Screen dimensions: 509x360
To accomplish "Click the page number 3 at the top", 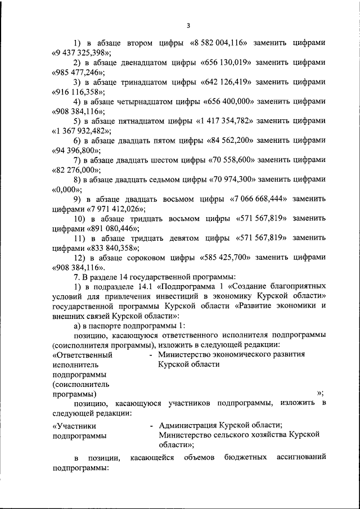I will point(188,25).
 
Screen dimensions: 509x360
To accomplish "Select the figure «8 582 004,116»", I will point(222,43).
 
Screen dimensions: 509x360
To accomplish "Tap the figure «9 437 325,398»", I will point(79,53).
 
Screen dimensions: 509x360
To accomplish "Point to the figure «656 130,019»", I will point(229,62).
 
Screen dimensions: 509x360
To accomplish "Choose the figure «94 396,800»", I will point(77,150).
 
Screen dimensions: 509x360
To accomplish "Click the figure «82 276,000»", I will point(77,170).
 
